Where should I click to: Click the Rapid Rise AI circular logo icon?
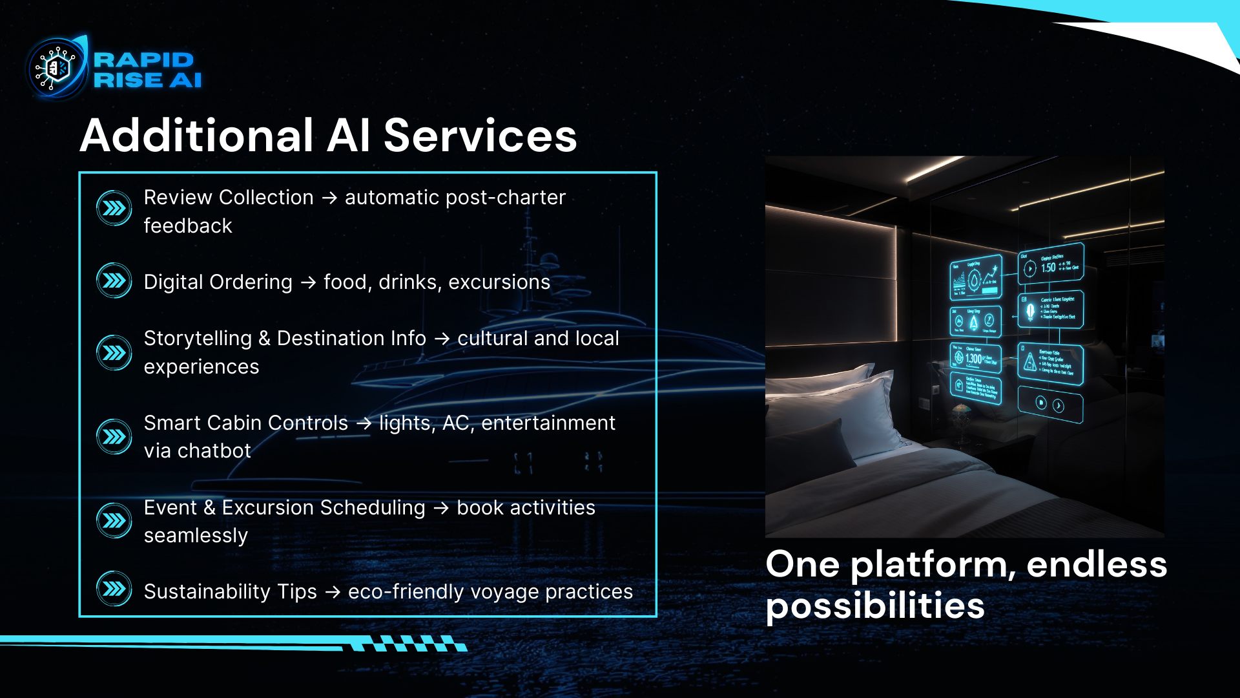(57, 68)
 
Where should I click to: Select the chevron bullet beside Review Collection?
(114, 208)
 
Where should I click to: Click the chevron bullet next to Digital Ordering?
(114, 280)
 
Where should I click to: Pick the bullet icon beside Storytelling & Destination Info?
(114, 352)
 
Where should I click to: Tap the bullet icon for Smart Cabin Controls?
(114, 437)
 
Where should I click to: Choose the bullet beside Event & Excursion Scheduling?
(114, 520)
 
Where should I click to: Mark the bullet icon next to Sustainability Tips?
(114, 589)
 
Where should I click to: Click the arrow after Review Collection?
(329, 198)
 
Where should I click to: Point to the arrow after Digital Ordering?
(308, 282)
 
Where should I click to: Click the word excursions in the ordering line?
(499, 282)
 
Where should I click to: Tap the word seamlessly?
(196, 536)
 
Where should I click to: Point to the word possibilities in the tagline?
(875, 607)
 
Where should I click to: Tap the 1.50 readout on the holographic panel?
(1048, 268)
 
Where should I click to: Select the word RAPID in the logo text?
(143, 59)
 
